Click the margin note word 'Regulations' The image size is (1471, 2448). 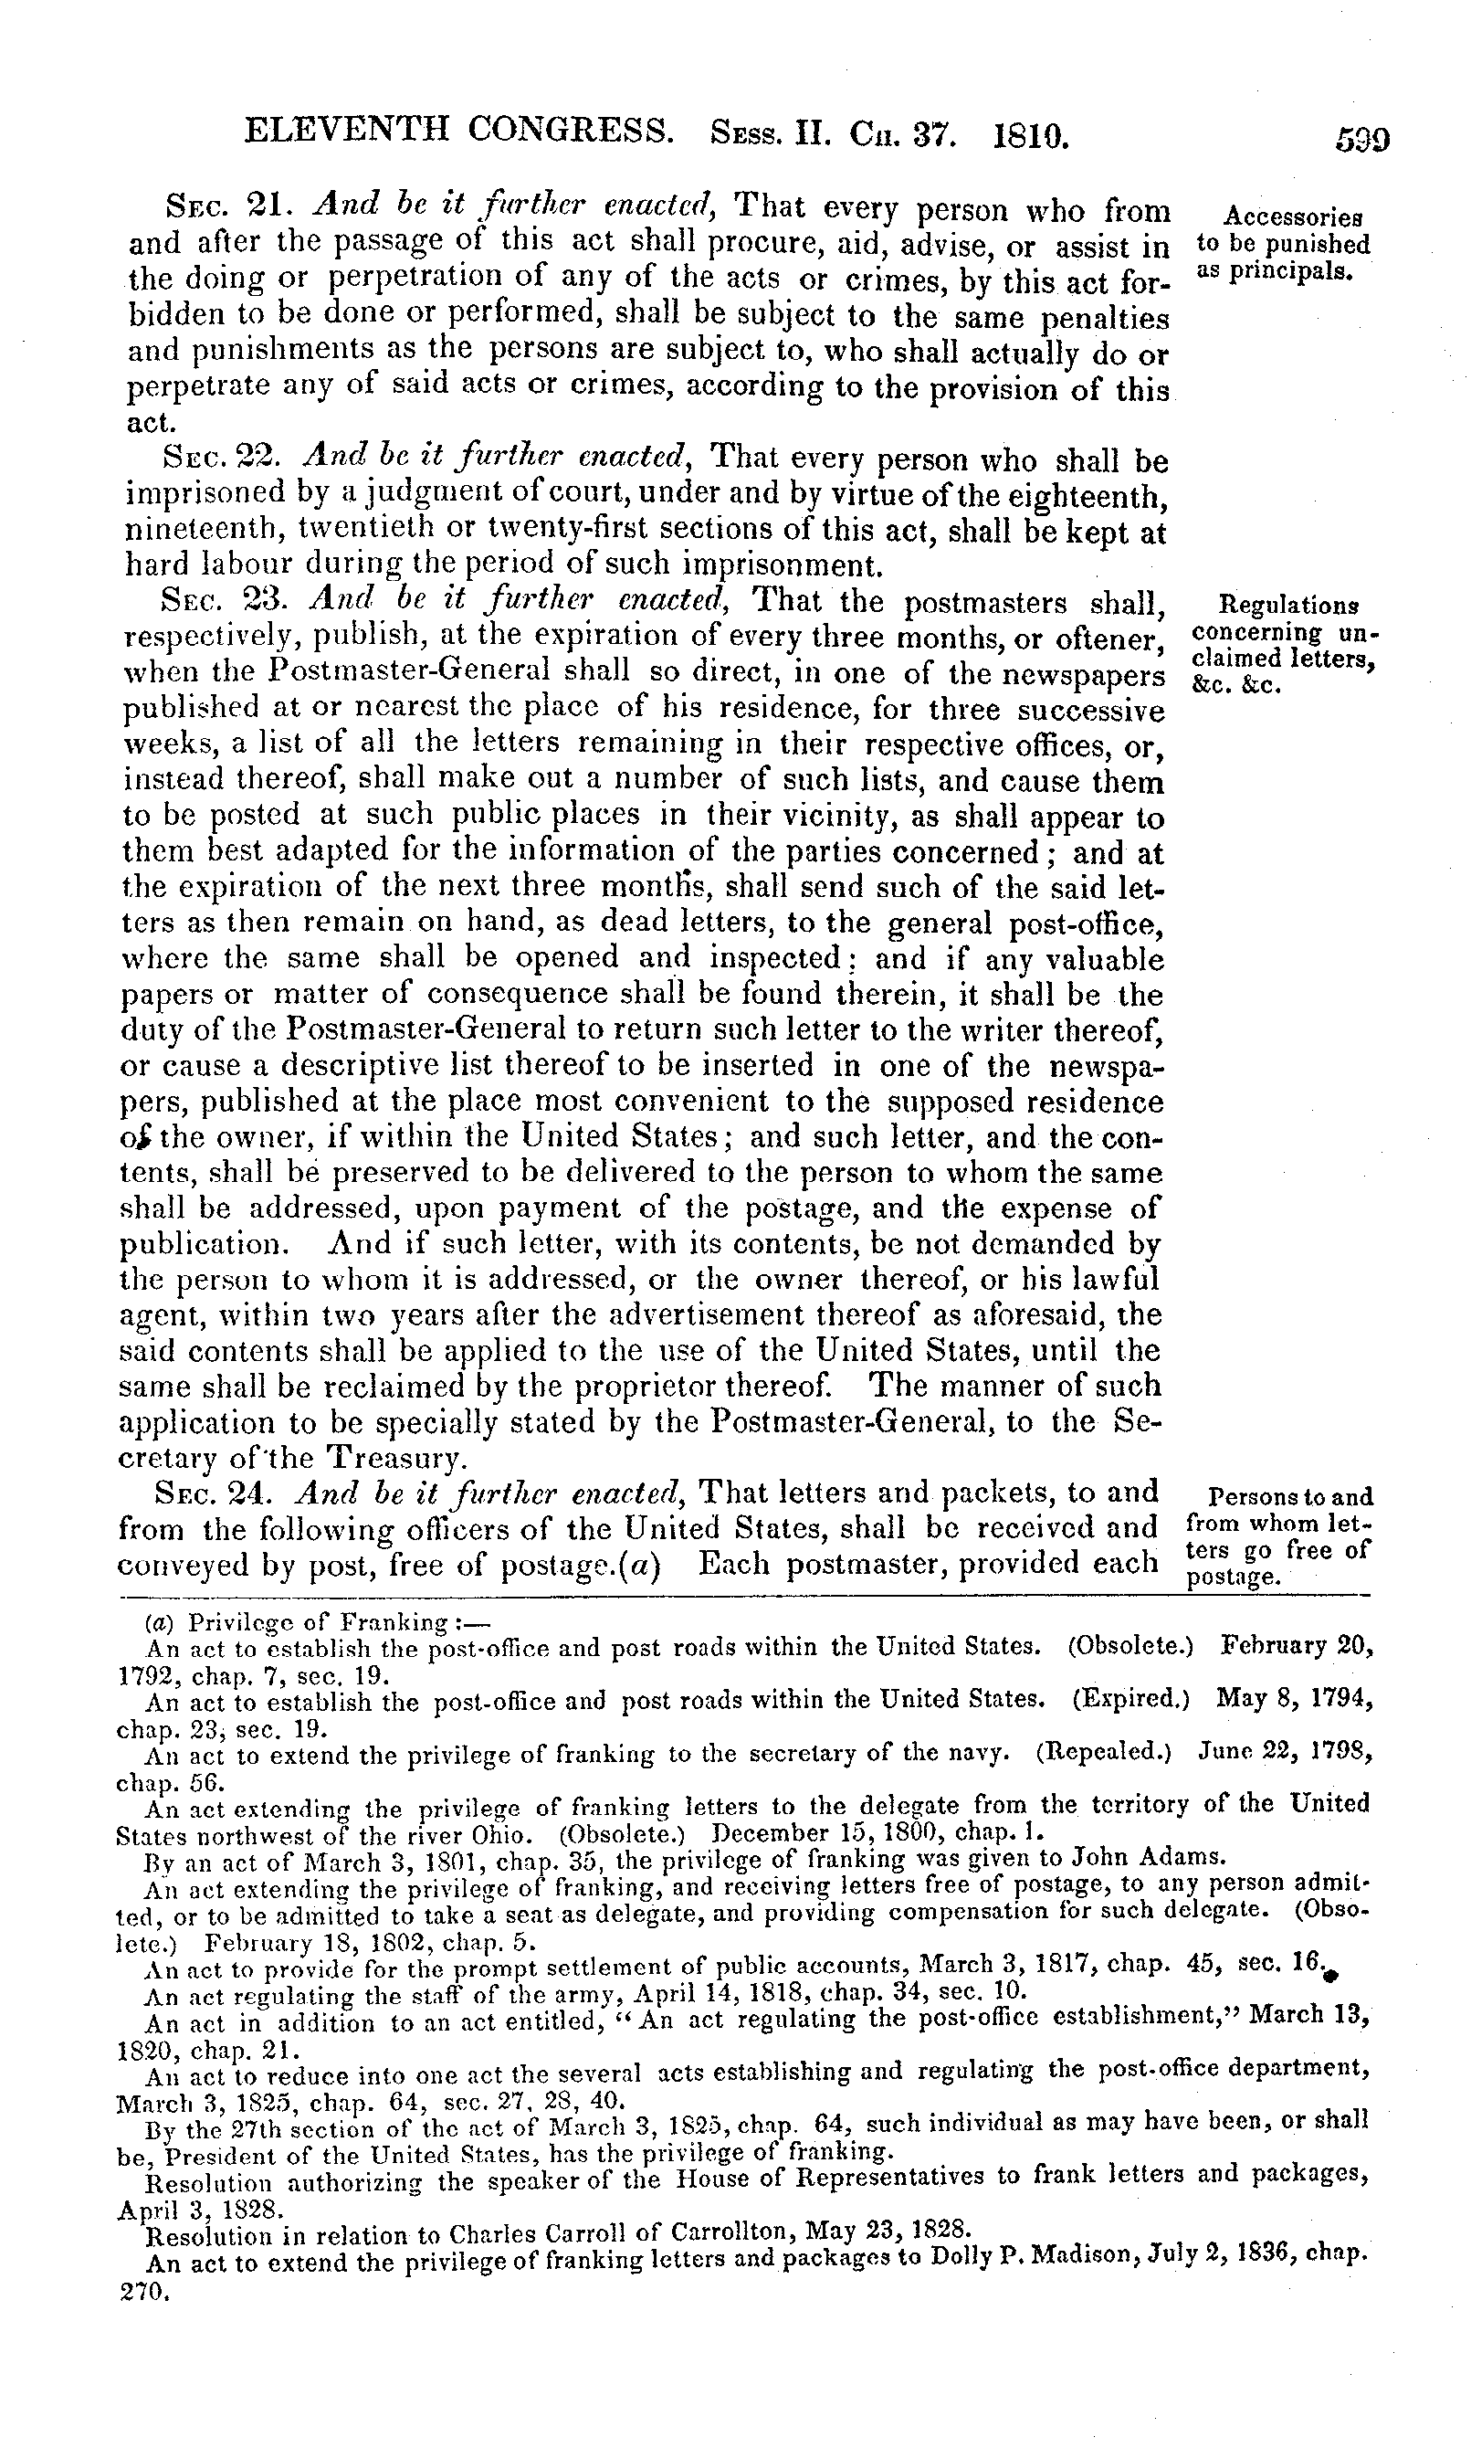click(x=1287, y=604)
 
